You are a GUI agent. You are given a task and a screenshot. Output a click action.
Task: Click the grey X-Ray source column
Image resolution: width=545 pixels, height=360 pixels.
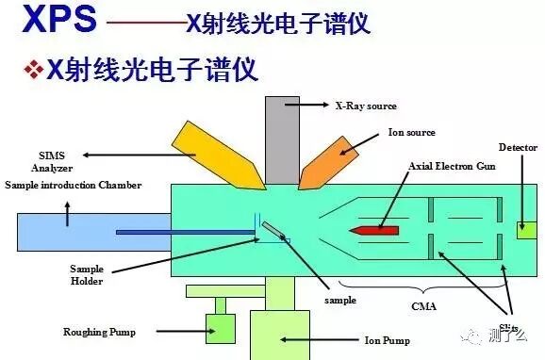tap(281, 137)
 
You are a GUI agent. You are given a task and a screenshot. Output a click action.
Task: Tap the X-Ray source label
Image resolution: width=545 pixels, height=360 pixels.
tap(366, 105)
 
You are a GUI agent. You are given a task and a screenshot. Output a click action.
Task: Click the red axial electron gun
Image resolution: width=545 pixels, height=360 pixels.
tap(374, 229)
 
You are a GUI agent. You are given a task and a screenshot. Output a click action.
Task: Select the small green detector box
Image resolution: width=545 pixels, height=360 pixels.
tap(526, 229)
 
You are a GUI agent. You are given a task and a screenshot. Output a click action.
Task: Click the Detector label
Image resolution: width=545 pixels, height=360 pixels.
tap(518, 148)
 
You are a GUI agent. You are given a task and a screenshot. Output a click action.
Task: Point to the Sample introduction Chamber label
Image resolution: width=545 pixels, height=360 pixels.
tap(73, 185)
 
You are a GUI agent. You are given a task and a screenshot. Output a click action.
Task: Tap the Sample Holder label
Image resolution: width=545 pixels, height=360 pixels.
tap(86, 274)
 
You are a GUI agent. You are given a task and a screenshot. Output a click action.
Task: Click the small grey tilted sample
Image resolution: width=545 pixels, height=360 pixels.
tap(271, 229)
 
